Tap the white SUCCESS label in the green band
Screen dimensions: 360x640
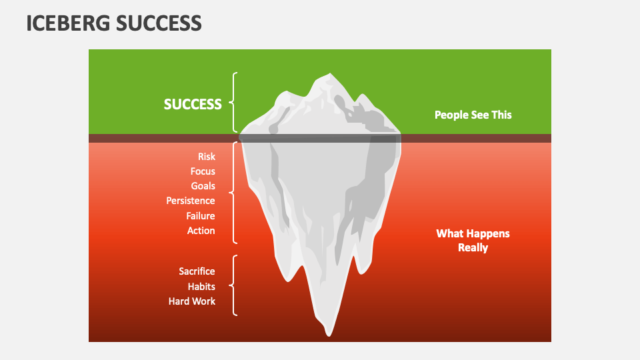pos(193,104)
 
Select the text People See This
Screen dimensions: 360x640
pos(473,115)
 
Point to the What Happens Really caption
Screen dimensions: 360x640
pos(473,241)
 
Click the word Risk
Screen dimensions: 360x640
pos(206,157)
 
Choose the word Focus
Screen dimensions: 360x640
pos(203,171)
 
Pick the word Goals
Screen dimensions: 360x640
pos(203,186)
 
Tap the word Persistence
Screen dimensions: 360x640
pos(191,201)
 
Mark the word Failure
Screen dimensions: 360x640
pos(201,216)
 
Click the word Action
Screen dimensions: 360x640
pos(201,231)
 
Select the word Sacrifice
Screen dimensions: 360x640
pos(197,271)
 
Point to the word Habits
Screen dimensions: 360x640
pos(201,286)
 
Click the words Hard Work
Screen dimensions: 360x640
pos(192,301)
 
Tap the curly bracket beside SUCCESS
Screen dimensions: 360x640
pos(233,103)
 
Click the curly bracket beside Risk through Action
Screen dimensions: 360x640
pos(233,193)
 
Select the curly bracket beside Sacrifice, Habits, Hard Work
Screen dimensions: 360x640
pos(233,285)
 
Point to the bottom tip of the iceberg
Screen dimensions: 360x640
pos(328,333)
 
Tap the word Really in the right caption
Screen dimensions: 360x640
pos(473,248)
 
